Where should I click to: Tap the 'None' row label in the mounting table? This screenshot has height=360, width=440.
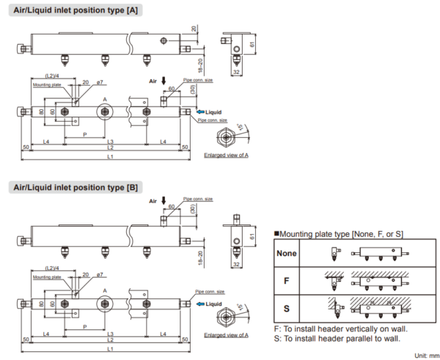287,253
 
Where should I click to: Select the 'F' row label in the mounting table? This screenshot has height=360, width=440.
287,279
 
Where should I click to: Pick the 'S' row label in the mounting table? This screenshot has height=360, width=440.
287,306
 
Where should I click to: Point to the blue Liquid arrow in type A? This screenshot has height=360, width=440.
202,111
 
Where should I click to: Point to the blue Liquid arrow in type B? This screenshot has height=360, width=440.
202,303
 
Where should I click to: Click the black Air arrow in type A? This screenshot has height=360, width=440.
164,81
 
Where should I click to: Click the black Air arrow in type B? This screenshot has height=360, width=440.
164,200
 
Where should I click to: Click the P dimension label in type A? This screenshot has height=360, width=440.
85,135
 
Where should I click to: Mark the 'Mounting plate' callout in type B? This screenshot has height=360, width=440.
47,277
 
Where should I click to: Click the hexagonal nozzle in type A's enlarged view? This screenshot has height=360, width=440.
228,136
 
